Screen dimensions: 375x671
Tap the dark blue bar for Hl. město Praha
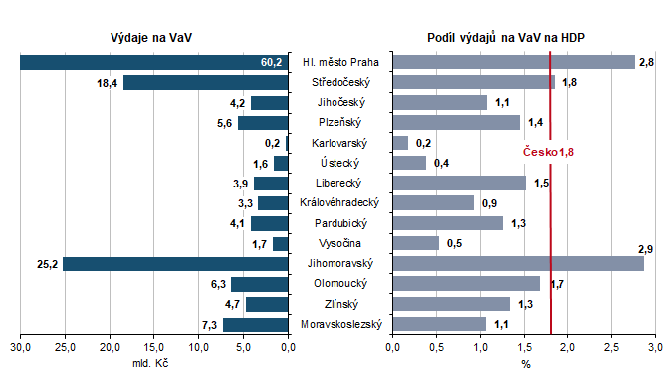139,62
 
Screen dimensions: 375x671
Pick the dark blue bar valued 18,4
205,82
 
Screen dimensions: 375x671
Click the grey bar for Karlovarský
400,143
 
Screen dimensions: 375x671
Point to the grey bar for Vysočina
416,243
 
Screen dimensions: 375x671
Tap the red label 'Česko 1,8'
549,151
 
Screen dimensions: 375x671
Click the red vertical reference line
551,219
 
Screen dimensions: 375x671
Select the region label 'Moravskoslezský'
342,324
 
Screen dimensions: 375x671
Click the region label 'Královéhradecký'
342,203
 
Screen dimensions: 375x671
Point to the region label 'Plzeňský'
342,123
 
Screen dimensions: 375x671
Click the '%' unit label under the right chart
525,363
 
